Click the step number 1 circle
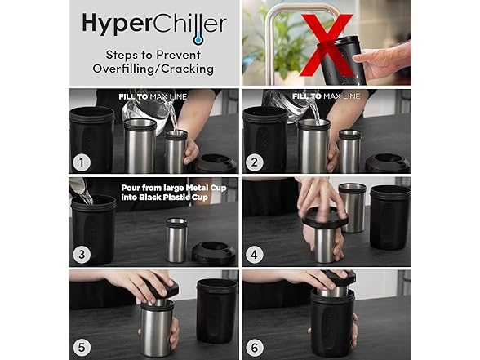click(x=82, y=162)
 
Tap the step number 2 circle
click(x=255, y=162)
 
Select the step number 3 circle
click(x=82, y=254)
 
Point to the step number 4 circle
click(x=255, y=254)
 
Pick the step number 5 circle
click(x=82, y=348)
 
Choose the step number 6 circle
click(x=255, y=348)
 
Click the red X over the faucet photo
click(x=326, y=45)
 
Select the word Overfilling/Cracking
click(x=153, y=69)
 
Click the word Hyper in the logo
click(x=118, y=24)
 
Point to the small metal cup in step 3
click(x=177, y=240)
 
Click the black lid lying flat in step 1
click(x=216, y=164)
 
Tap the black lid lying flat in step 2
click(x=388, y=163)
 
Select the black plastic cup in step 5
click(x=216, y=311)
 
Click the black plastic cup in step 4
click(x=390, y=217)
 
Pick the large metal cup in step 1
click(x=140, y=146)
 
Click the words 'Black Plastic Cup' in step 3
click(x=174, y=198)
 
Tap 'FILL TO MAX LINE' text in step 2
click(x=326, y=96)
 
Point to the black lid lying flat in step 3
click(x=214, y=251)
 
